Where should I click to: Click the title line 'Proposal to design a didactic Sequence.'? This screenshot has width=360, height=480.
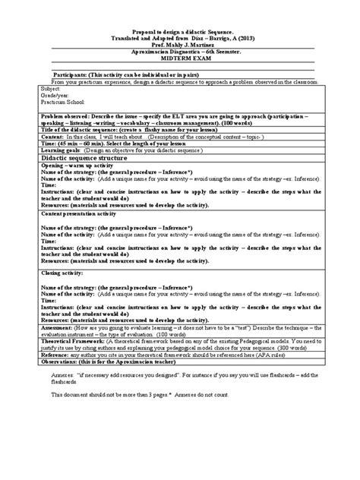pos(180,26)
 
